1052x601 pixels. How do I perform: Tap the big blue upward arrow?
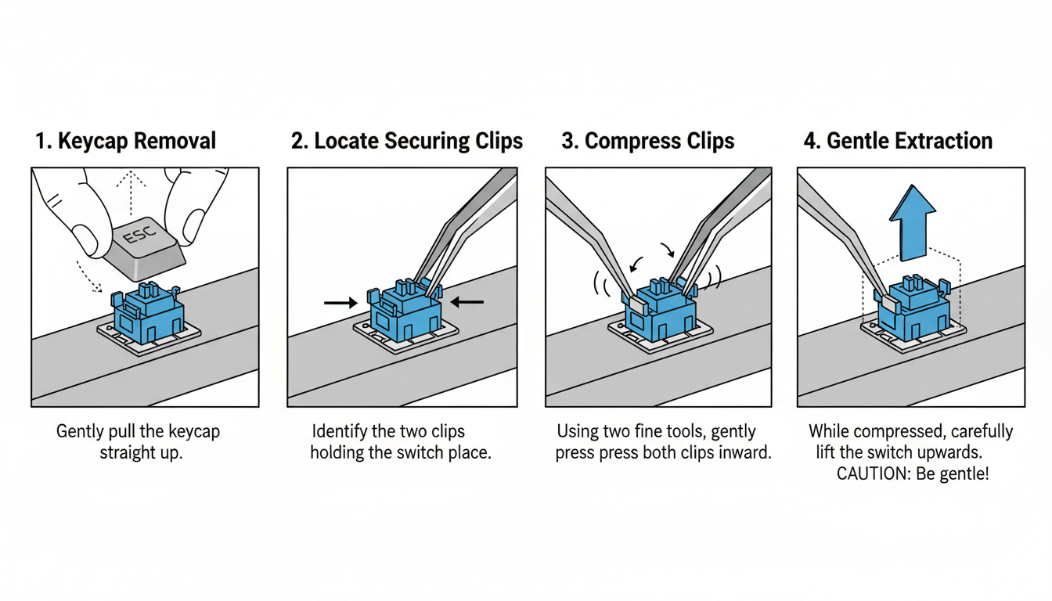point(913,222)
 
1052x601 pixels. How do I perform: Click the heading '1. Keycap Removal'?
point(125,142)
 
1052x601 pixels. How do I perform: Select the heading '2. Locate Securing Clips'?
point(406,142)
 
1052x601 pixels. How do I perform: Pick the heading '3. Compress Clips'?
point(647,142)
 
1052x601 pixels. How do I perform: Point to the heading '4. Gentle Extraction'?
point(898,142)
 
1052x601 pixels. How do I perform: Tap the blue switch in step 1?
point(148,313)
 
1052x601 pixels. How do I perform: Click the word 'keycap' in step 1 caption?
point(194,432)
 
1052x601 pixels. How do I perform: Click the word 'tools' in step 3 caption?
point(704,432)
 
